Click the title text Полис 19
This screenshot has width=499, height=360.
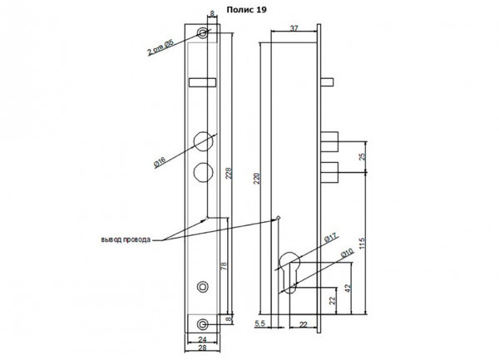(x=246, y=10)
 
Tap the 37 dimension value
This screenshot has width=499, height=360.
(x=294, y=28)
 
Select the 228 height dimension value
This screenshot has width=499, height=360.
(x=229, y=173)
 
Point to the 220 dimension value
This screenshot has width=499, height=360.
(x=257, y=179)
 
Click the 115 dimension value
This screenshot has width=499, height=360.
(x=362, y=244)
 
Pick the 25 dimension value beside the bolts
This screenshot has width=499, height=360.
(x=362, y=157)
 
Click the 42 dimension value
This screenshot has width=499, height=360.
(x=348, y=288)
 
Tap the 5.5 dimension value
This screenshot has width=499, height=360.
(x=259, y=323)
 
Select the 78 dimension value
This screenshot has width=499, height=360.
(x=224, y=266)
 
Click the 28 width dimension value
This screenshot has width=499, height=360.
(x=202, y=348)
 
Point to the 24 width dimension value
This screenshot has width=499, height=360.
(x=202, y=339)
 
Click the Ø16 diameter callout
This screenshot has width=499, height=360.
(x=160, y=162)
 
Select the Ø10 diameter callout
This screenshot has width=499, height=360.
(x=347, y=254)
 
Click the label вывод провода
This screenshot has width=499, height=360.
(x=126, y=239)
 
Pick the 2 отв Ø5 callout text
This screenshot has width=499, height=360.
(x=160, y=47)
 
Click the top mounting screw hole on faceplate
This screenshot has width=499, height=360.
(x=202, y=32)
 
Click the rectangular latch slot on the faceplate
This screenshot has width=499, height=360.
(x=202, y=82)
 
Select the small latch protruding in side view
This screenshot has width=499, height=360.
(x=327, y=82)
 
